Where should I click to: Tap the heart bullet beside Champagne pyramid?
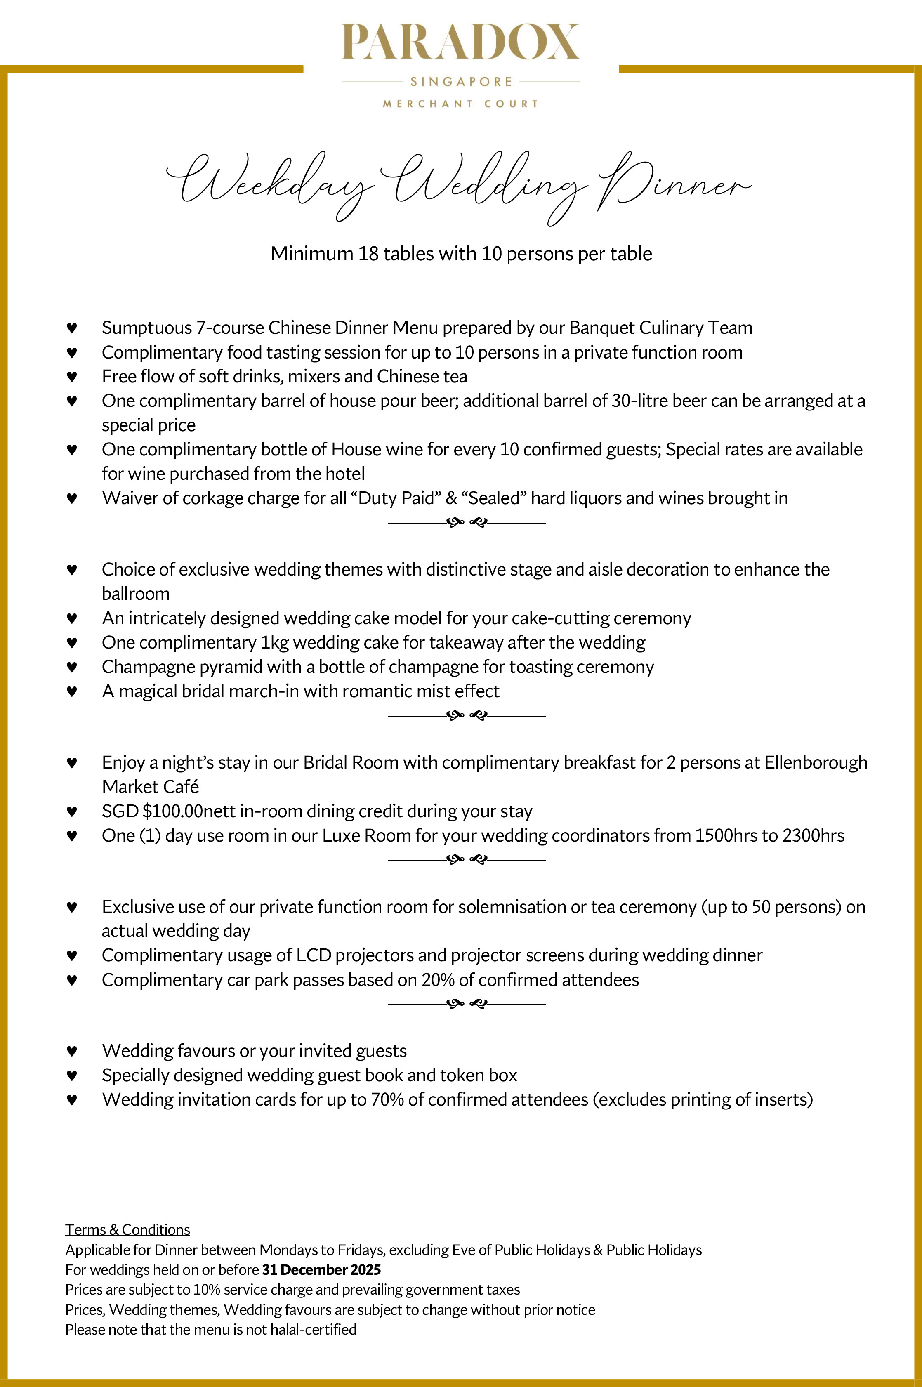tap(72, 668)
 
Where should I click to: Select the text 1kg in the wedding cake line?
tap(275, 643)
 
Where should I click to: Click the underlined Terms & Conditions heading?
tap(127, 1229)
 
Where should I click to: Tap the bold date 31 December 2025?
tap(322, 1270)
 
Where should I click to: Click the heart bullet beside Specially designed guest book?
tap(72, 1076)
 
